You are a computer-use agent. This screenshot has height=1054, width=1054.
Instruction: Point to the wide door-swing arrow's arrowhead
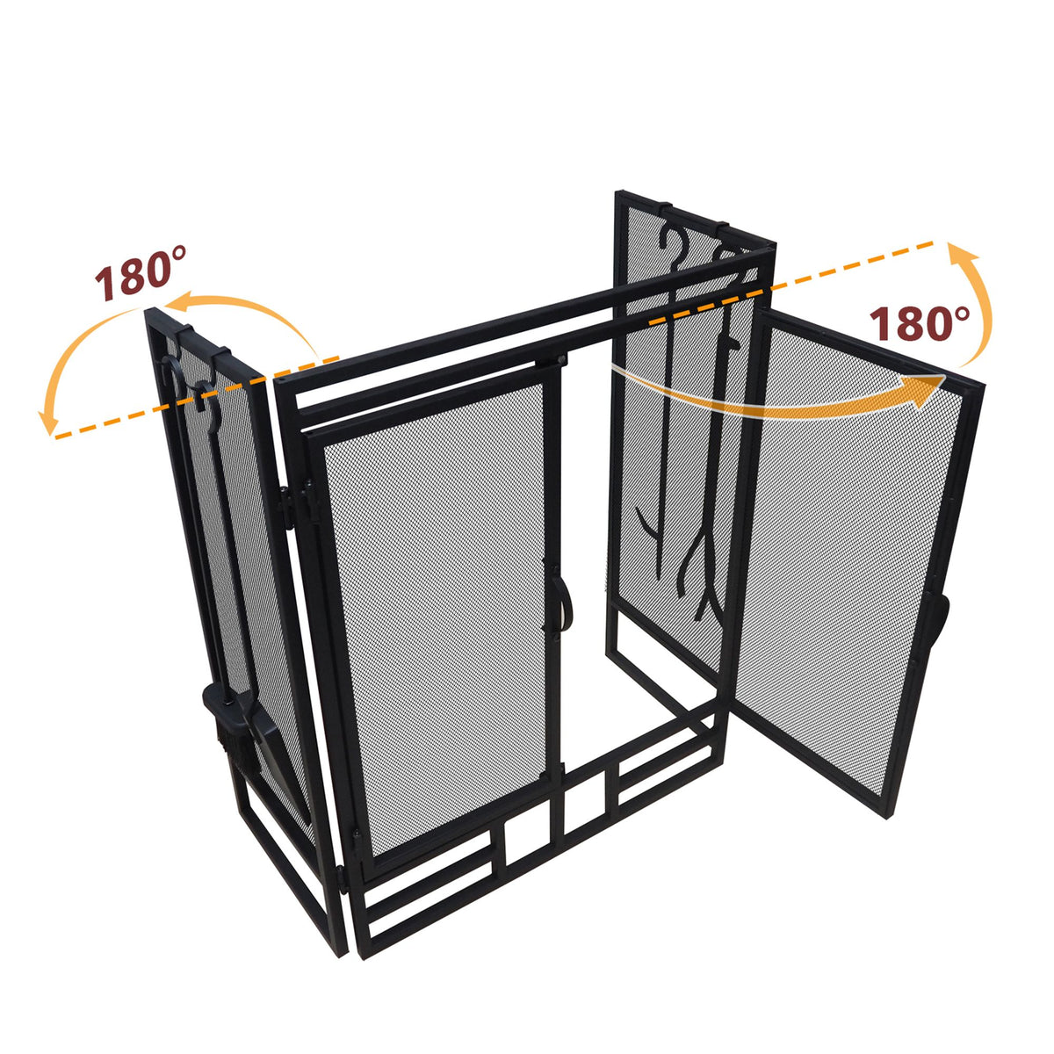[928, 392]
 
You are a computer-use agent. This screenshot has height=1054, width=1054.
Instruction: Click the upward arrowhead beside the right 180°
[962, 256]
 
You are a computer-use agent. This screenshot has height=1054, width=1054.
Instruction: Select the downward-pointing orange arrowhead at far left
[47, 422]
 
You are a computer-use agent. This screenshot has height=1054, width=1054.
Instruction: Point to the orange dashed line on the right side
[791, 283]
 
